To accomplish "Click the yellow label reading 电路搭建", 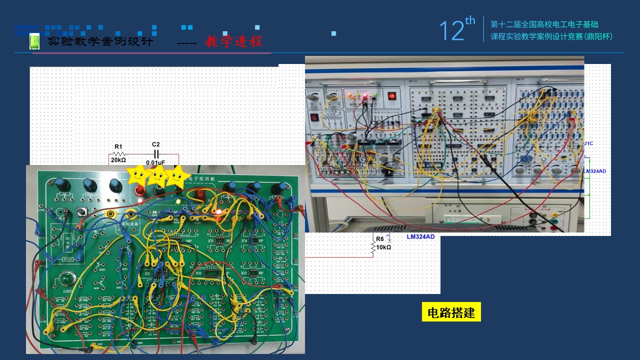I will click(451, 312).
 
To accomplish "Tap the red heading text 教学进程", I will click(233, 41).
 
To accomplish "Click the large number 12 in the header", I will click(451, 31).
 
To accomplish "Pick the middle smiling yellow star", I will click(158, 175).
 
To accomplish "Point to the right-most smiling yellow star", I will click(178, 176).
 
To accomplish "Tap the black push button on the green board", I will click(80, 213).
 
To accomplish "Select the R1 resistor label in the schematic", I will click(118, 146).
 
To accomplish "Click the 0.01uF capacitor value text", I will click(155, 162).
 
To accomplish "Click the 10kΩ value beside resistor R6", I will click(383, 247).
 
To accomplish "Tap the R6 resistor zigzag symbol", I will click(372, 247).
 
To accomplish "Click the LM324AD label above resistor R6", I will click(420, 236).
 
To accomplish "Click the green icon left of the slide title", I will click(34, 41).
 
